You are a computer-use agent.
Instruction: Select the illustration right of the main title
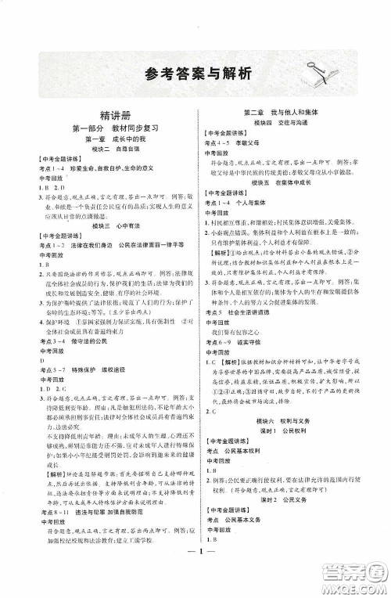(302, 71)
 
